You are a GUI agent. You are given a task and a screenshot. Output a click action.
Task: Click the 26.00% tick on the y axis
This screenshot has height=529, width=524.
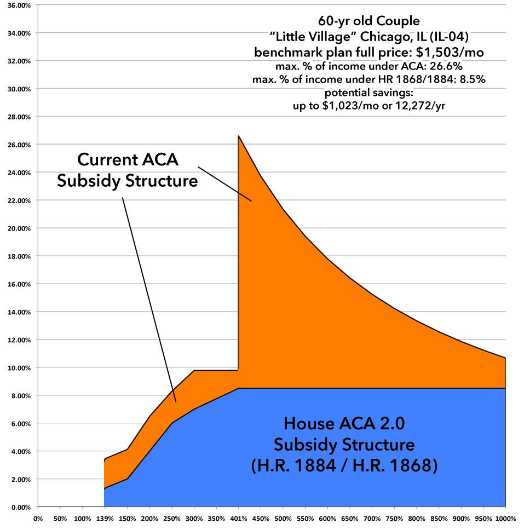(x=18, y=145)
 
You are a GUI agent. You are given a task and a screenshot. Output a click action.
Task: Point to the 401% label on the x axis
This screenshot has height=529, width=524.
(x=239, y=517)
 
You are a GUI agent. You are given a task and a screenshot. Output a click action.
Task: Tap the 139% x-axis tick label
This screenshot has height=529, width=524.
(x=104, y=517)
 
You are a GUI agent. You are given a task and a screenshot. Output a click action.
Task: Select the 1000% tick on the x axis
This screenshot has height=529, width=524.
(x=504, y=517)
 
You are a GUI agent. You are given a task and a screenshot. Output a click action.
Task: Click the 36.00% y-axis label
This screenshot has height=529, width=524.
(x=18, y=5)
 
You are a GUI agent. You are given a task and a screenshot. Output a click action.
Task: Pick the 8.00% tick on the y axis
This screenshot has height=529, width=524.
(x=19, y=395)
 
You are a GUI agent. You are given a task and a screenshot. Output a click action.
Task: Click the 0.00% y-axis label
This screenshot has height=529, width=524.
(x=19, y=507)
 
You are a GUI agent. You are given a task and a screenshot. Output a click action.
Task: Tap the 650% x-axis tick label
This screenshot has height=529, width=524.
(x=350, y=517)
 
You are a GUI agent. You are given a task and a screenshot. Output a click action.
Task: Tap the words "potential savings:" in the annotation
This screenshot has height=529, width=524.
(x=369, y=93)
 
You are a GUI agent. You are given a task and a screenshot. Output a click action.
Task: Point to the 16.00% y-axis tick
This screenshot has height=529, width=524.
(x=18, y=284)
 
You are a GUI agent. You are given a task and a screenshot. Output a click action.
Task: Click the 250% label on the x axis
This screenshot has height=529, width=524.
(x=171, y=517)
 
